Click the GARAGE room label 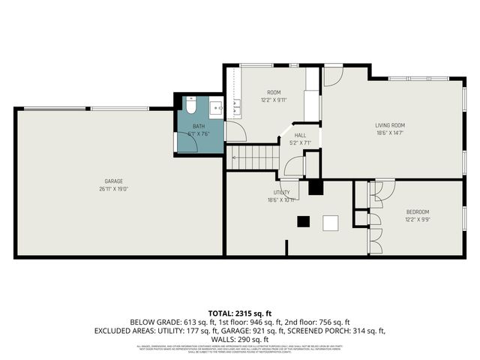(x=113, y=181)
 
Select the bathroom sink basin (x=217, y=108)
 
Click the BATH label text (x=198, y=127)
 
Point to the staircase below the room (x=254, y=157)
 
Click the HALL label (x=299, y=135)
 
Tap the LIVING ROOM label (x=390, y=125)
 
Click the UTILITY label (x=281, y=193)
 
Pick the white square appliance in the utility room (x=331, y=222)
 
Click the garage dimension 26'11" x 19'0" (x=113, y=188)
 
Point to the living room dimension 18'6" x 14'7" (x=390, y=133)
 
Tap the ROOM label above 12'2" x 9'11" (x=274, y=92)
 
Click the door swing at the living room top (x=333, y=75)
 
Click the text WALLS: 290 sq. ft (x=239, y=339)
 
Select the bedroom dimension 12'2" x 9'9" (x=418, y=220)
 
